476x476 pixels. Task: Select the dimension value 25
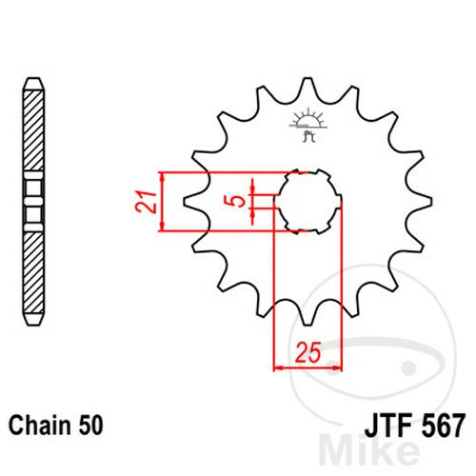tap(306, 353)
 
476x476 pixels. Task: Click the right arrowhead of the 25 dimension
tap(337, 366)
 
